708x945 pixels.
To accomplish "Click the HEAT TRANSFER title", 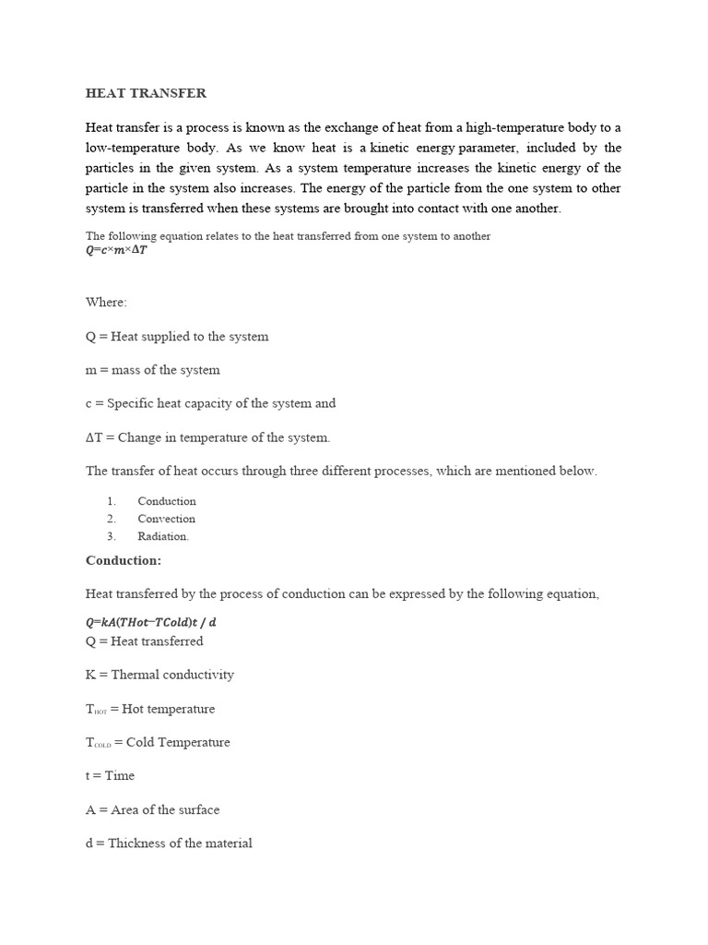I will point(146,93).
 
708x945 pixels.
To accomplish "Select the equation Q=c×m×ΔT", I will point(116,250).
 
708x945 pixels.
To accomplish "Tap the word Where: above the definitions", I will point(106,303).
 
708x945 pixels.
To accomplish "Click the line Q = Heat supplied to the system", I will point(177,337).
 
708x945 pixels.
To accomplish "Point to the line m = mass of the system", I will point(152,370).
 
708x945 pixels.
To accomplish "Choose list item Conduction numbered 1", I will point(167,501).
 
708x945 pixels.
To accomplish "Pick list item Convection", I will point(167,519).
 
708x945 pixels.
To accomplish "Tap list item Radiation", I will point(163,536).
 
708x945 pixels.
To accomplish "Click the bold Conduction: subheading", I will point(124,560).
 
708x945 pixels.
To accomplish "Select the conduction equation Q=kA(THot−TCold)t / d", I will point(151,622).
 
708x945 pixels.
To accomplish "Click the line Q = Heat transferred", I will point(144,641).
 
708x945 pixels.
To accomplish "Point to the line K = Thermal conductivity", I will point(159,675).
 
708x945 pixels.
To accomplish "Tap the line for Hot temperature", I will point(150,709).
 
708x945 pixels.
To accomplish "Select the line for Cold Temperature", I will point(158,742).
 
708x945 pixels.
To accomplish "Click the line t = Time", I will point(110,776).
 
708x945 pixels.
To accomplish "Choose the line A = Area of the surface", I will point(152,809).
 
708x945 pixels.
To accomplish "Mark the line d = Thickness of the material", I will point(169,843).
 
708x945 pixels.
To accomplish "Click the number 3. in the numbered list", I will point(111,536).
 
